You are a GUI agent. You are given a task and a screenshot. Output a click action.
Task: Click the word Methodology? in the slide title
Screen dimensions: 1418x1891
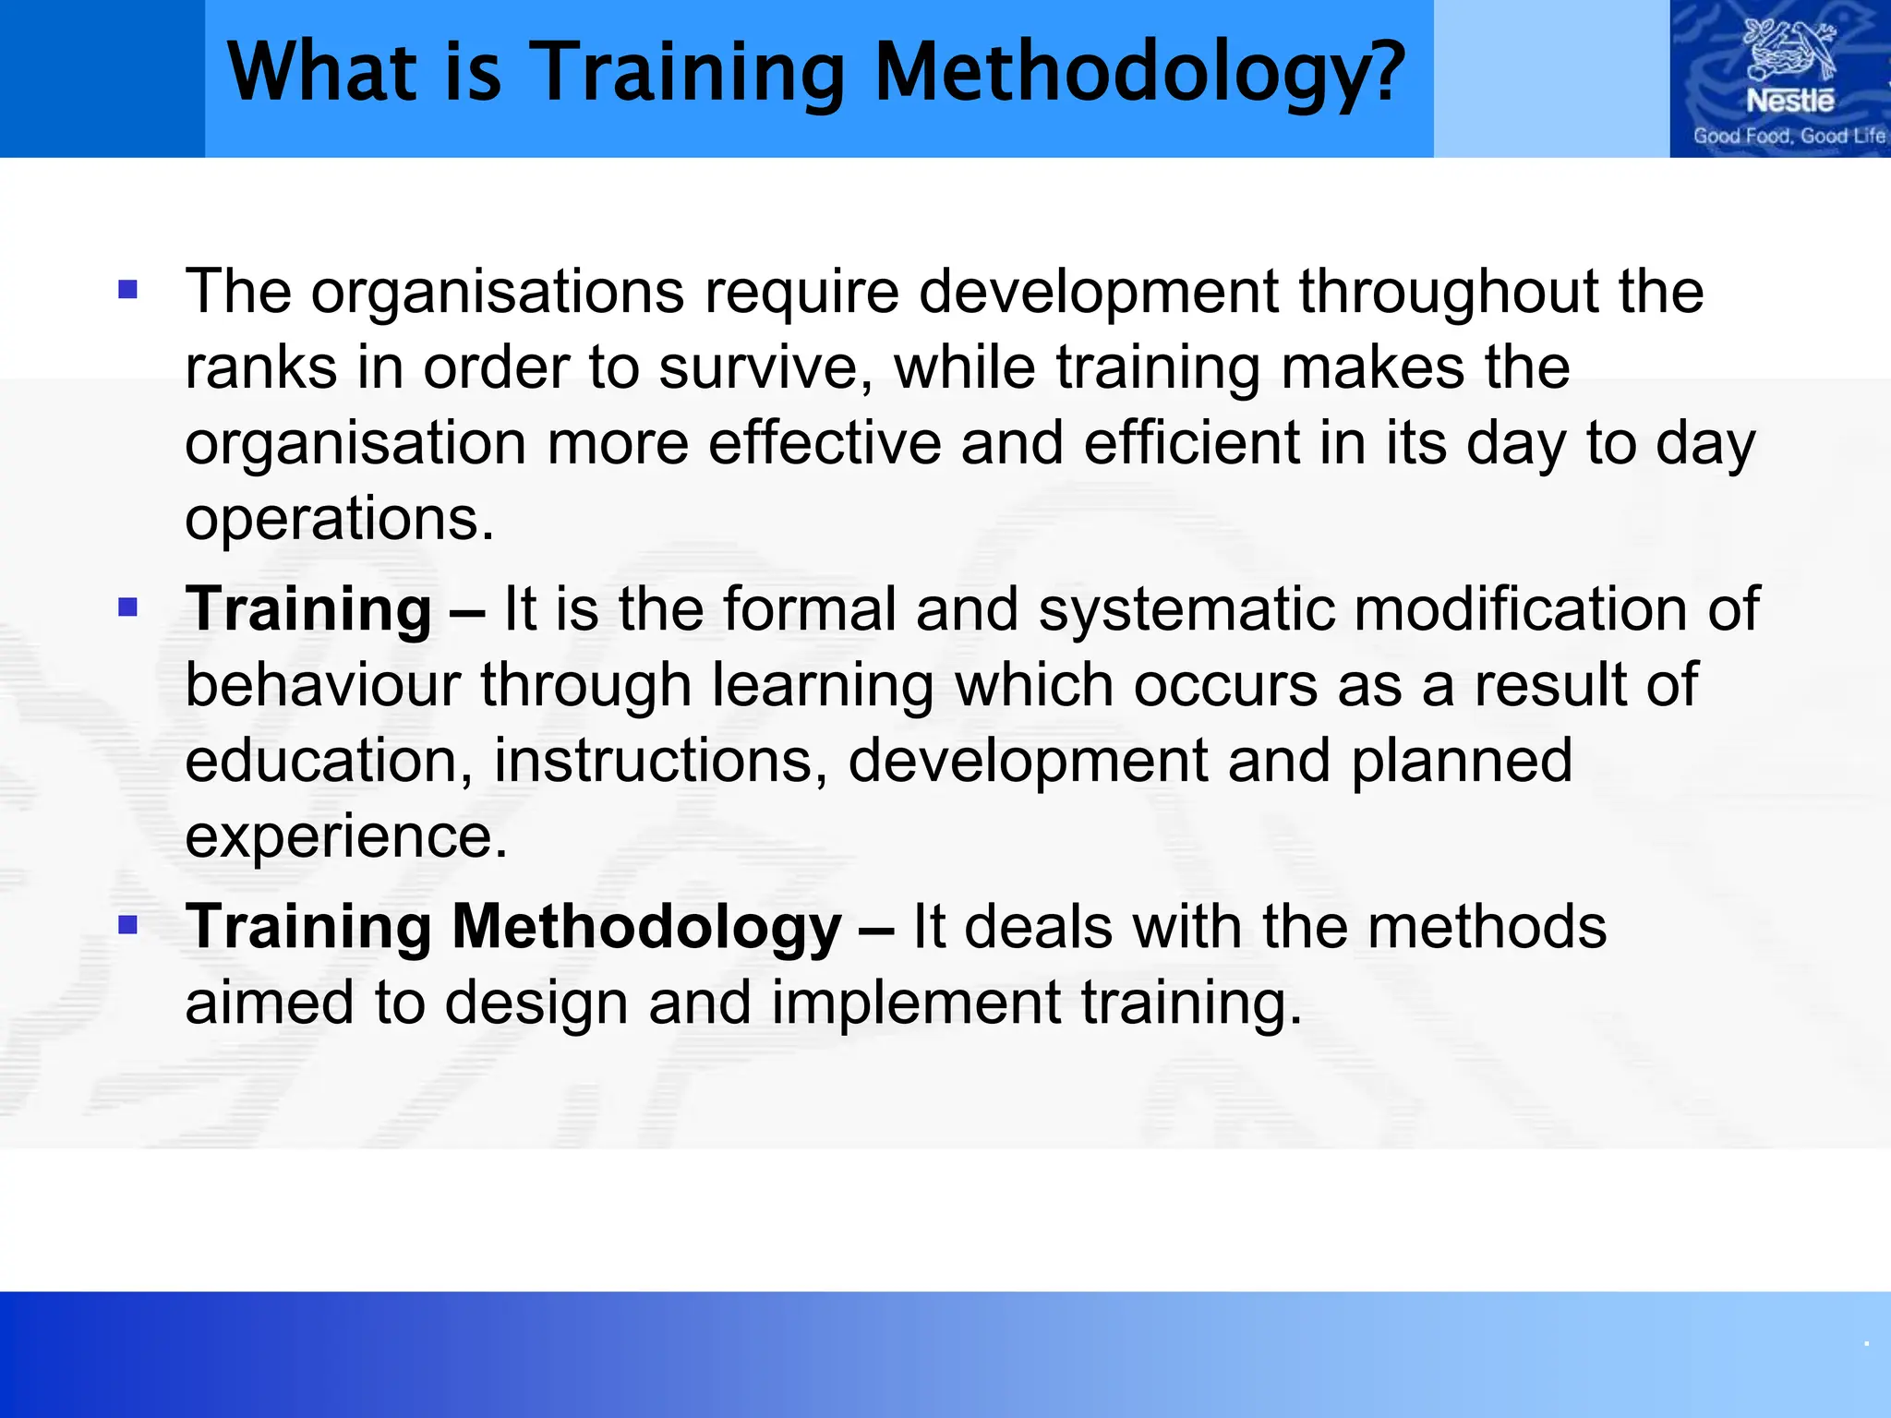click(1138, 74)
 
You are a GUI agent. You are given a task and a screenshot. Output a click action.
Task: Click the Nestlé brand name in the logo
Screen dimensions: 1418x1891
click(1789, 101)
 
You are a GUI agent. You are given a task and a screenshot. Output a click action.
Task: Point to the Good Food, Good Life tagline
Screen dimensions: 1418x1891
click(1789, 137)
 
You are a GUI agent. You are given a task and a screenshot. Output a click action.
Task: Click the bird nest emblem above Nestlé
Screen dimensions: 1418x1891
click(1789, 51)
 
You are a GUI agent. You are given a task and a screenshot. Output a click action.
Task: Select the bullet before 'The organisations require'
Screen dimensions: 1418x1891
click(128, 291)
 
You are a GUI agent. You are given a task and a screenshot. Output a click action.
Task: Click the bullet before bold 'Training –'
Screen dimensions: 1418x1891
click(128, 607)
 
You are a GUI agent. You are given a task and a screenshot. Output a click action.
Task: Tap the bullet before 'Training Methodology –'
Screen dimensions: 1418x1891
click(128, 925)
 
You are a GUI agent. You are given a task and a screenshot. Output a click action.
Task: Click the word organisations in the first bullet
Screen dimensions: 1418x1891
click(498, 293)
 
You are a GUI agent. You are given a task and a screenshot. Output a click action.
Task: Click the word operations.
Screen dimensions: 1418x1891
click(339, 520)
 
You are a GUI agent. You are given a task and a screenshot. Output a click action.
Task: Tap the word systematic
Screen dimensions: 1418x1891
click(1186, 610)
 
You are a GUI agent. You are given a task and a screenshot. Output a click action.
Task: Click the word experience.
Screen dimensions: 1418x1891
click(345, 837)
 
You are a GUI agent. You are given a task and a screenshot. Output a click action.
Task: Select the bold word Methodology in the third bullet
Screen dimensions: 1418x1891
click(646, 928)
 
